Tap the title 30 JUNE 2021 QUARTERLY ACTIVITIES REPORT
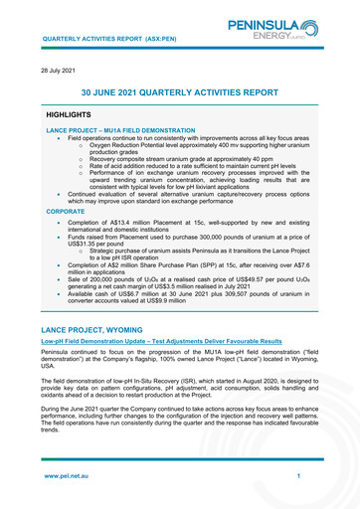[179, 91]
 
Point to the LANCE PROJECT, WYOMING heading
[108, 327]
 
